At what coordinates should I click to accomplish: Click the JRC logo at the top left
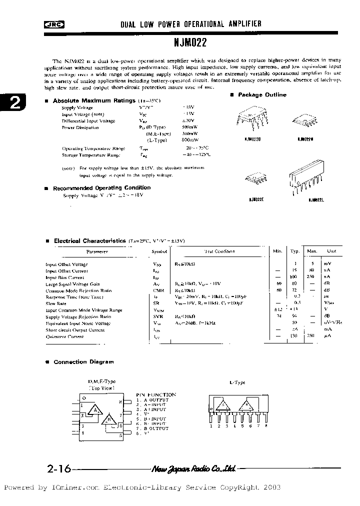pyautogui.click(x=50, y=23)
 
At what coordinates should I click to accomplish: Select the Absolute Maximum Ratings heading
pyautogui.click(x=93, y=100)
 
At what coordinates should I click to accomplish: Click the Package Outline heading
pyautogui.click(x=262, y=94)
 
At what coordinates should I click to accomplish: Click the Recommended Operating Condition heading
pyautogui.click(x=101, y=187)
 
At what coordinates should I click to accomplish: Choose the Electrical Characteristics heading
pyautogui.click(x=89, y=240)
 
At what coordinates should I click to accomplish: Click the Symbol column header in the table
pyautogui.click(x=159, y=251)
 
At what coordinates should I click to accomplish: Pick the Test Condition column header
pyautogui.click(x=219, y=251)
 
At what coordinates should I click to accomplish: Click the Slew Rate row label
pyautogui.click(x=56, y=303)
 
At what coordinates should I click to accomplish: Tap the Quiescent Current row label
pyautogui.click(x=64, y=336)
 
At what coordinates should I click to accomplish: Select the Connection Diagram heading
pyautogui.click(x=83, y=361)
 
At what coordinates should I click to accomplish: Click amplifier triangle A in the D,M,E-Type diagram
pyautogui.click(x=93, y=411)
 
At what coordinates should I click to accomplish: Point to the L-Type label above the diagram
pyautogui.click(x=237, y=382)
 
